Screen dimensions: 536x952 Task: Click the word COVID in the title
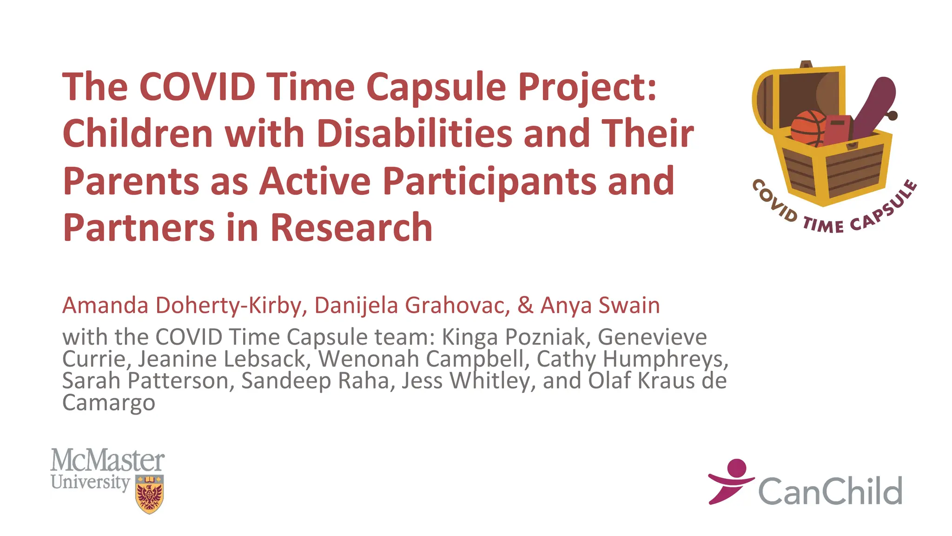197,87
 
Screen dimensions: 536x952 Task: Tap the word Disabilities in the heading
415,134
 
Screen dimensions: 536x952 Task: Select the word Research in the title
351,228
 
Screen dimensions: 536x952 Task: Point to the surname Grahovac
457,306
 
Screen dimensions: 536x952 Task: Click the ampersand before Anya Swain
525,306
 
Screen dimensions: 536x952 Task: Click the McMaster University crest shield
149,494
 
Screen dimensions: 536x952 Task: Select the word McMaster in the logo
107,460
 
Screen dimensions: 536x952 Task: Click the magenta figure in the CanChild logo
731,481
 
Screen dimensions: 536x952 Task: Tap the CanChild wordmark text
830,491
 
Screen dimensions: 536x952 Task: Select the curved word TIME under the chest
823,226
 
